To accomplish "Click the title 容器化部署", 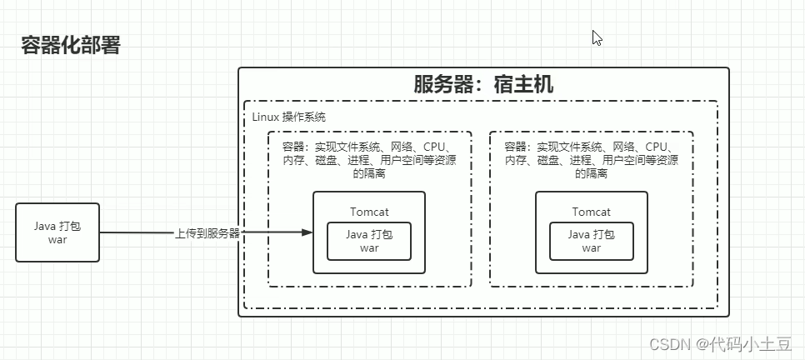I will (x=71, y=46).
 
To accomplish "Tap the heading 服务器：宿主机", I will (x=483, y=84).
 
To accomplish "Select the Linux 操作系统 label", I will (x=289, y=116).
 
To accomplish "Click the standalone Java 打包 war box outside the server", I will (x=57, y=232).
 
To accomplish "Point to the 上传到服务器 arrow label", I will (x=207, y=233).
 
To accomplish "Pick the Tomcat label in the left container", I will (x=368, y=212).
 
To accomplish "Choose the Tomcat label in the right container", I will (x=591, y=212).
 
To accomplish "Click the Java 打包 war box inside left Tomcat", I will (x=368, y=241).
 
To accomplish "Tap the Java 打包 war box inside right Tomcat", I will (x=591, y=241).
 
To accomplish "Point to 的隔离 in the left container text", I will (x=368, y=174).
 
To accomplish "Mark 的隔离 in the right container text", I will (x=591, y=174).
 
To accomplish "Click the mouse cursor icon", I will (x=597, y=37).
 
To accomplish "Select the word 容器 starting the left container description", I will (x=292, y=147).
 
